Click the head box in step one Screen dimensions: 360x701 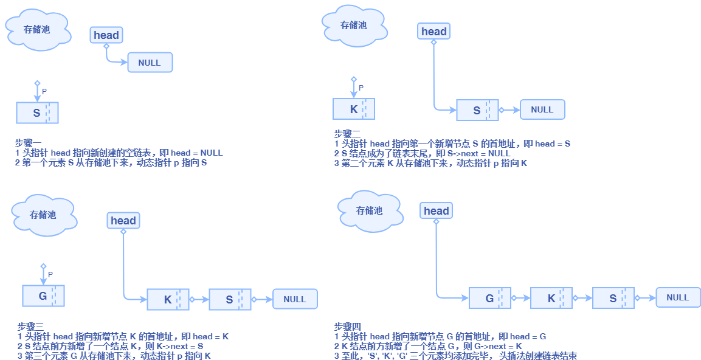pyautogui.click(x=106, y=35)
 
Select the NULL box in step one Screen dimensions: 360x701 pyautogui.click(x=150, y=63)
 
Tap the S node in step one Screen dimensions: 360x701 pyautogui.click(x=37, y=112)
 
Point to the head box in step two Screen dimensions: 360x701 pyautogui.click(x=434, y=32)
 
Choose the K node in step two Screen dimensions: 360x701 pyautogui.click(x=354, y=109)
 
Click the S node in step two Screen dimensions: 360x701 pyautogui.click(x=477, y=110)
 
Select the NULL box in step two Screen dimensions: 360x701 pyautogui.click(x=542, y=110)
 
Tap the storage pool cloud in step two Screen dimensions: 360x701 pyautogui.click(x=354, y=25)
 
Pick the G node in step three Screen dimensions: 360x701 pyautogui.click(x=43, y=296)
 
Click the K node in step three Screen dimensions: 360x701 pyautogui.click(x=168, y=299)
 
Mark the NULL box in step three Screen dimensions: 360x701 pyautogui.click(x=295, y=299)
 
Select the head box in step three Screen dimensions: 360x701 pyautogui.click(x=123, y=221)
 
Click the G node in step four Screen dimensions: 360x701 pyautogui.click(x=489, y=298)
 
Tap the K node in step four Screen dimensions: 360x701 pyautogui.click(x=551, y=298)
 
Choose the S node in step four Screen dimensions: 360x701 pyautogui.click(x=613, y=298)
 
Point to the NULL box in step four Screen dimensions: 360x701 pyautogui.click(x=678, y=297)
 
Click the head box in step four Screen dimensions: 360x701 pyautogui.click(x=437, y=211)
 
